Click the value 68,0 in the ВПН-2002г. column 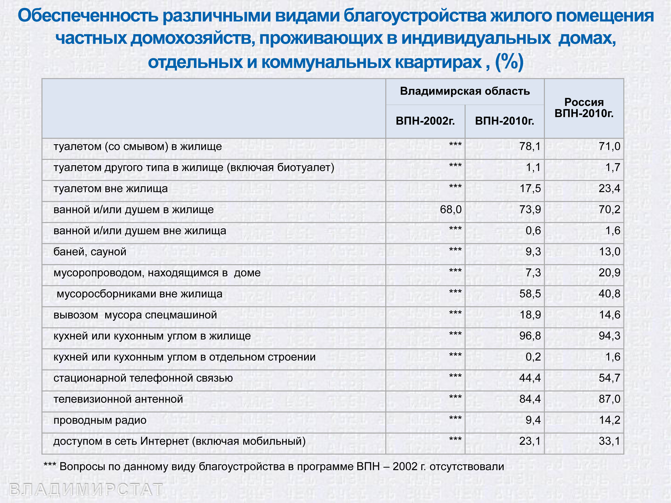pos(450,209)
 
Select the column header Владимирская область pos(465,91)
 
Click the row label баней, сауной pos(90,252)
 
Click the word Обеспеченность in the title pos(88,16)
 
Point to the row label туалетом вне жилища pos(110,189)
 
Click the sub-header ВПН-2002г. pos(425,121)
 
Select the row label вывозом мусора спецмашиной pos(135,315)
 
